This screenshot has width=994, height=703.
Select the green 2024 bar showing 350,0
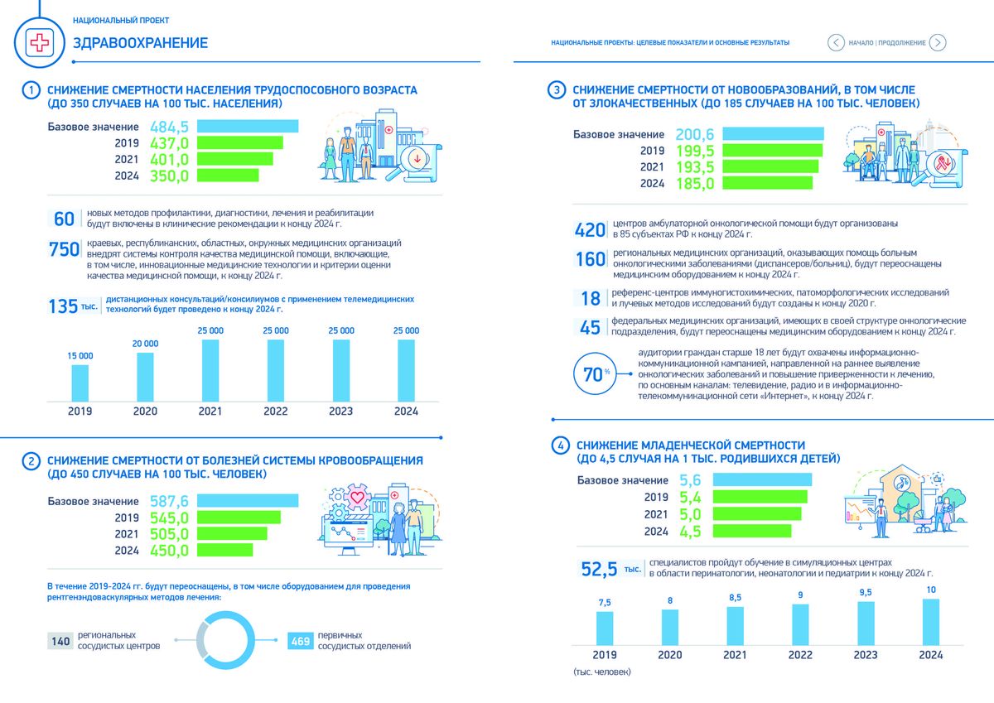pyautogui.click(x=228, y=176)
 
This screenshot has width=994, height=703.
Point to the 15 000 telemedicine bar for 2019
pyautogui.click(x=80, y=382)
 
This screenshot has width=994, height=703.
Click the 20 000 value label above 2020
pyautogui.click(x=145, y=343)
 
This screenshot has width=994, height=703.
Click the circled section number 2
pyautogui.click(x=30, y=461)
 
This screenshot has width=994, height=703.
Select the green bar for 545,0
pyautogui.click(x=239, y=518)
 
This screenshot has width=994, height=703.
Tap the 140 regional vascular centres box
pyautogui.click(x=60, y=641)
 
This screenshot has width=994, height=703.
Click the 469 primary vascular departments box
pyautogui.click(x=300, y=641)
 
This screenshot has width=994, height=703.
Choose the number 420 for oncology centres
pyautogui.click(x=590, y=229)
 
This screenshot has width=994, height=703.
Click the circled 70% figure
pyautogui.click(x=592, y=373)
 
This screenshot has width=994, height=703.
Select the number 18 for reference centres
pyautogui.click(x=590, y=298)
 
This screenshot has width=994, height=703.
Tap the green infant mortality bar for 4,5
pyautogui.click(x=751, y=532)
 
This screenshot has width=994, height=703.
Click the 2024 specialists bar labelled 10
pyautogui.click(x=930, y=621)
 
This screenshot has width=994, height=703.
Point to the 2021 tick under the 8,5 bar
pyautogui.click(x=735, y=654)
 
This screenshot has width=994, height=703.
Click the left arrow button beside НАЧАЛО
pyautogui.click(x=835, y=43)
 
